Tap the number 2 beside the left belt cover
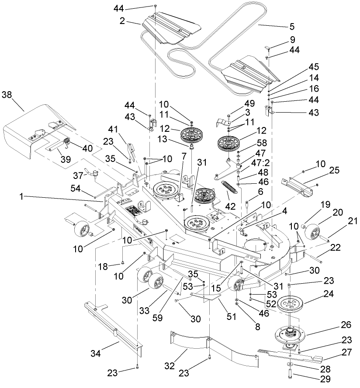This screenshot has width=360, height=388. (122, 20)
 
